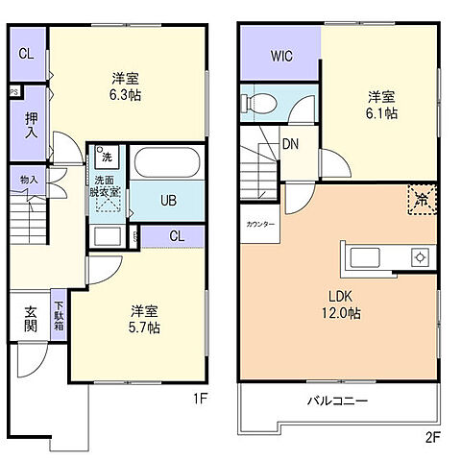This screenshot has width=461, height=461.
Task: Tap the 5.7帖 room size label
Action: tap(145, 327)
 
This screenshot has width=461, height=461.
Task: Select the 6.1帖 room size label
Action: tap(381, 113)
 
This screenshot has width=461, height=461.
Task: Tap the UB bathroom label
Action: tap(168, 201)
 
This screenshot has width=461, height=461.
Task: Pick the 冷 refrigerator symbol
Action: tap(422, 198)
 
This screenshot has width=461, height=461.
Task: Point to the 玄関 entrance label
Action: tap(30, 318)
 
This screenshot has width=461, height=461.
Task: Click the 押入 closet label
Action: tap(30, 124)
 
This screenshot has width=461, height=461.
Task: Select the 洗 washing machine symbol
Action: tap(107, 157)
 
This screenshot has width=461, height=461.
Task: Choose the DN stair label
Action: tap(288, 147)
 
